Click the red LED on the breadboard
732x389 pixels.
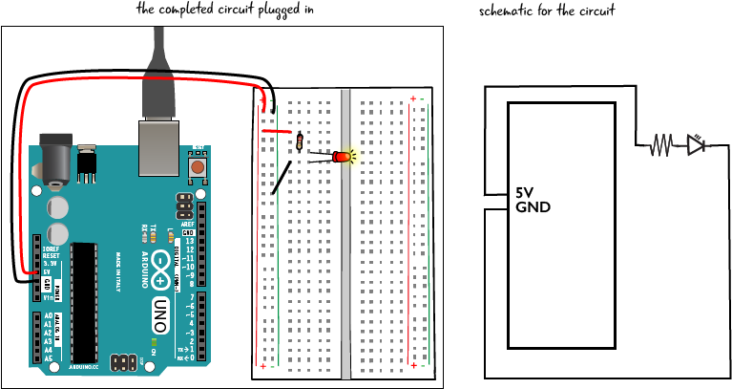point(342,156)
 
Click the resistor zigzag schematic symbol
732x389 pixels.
point(659,146)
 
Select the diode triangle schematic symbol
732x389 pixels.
point(696,145)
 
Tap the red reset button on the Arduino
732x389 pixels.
point(198,167)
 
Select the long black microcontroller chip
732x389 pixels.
point(84,302)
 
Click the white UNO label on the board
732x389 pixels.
point(160,314)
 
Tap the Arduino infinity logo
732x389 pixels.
point(160,270)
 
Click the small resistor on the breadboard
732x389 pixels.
point(299,142)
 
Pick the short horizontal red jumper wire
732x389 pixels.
point(277,131)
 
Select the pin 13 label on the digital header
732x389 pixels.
point(189,241)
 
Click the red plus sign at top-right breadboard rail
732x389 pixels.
point(413,98)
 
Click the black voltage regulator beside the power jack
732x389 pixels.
point(87,164)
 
